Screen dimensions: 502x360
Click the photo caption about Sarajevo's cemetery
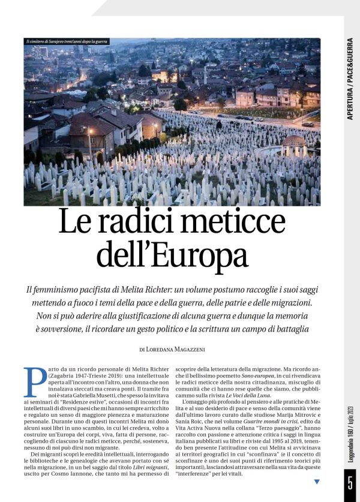coord(66,41)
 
